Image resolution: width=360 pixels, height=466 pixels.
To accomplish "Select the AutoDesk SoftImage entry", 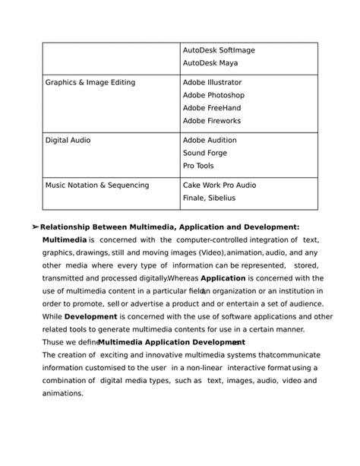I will (x=219, y=50).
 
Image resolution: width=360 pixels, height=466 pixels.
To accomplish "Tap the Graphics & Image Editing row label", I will (x=90, y=82).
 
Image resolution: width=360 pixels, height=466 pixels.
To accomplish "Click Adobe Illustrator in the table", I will (x=212, y=82).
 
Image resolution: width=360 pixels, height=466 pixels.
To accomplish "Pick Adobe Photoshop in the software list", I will (x=213, y=95).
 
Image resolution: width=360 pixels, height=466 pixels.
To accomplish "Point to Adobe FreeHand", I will (x=212, y=108).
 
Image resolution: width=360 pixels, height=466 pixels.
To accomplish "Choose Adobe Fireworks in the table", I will (x=212, y=121).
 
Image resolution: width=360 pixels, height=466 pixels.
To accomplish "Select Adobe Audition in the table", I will (x=210, y=141).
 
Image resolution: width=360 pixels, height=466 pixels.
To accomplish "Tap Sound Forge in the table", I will (x=205, y=153).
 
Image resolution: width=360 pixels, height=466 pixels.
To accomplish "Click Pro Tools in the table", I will (x=198, y=166).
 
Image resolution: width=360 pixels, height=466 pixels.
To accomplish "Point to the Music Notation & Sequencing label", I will (x=97, y=185).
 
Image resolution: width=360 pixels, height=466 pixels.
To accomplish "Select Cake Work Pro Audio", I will (x=219, y=185).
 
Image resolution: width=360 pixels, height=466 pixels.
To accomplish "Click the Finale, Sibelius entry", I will (x=209, y=198).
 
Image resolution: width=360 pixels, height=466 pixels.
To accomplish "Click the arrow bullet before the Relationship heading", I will (x=35, y=227).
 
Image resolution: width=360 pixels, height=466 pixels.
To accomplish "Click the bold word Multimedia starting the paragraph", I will (x=65, y=239).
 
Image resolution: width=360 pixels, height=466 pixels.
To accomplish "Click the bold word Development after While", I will (x=90, y=316).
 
